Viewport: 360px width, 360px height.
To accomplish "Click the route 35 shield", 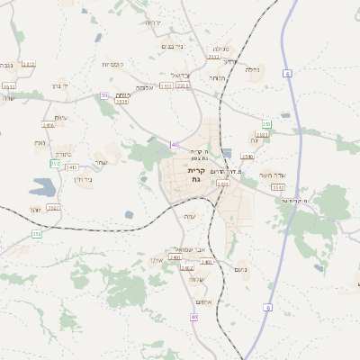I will [x=104, y=95].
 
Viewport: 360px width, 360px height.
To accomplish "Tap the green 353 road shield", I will [x=55, y=164].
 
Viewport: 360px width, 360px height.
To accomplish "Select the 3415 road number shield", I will [x=71, y=167].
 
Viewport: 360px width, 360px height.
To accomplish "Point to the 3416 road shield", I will [x=49, y=125].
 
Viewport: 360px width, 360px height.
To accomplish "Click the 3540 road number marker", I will [x=247, y=157].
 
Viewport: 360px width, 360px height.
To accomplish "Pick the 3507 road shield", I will [x=53, y=207].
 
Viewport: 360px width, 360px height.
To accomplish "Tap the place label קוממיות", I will [x=112, y=65].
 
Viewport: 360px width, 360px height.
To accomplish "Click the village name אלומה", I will [x=145, y=87].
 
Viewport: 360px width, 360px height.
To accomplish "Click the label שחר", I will [x=101, y=161].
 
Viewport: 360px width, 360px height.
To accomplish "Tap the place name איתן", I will [x=154, y=260].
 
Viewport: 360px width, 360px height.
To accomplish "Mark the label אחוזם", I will [x=203, y=301].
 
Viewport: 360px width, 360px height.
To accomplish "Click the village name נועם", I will [x=239, y=270].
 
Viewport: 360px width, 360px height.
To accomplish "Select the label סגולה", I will [x=220, y=48].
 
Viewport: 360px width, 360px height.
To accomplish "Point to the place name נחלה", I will [x=253, y=68].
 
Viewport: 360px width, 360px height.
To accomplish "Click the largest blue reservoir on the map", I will [x=40, y=187].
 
